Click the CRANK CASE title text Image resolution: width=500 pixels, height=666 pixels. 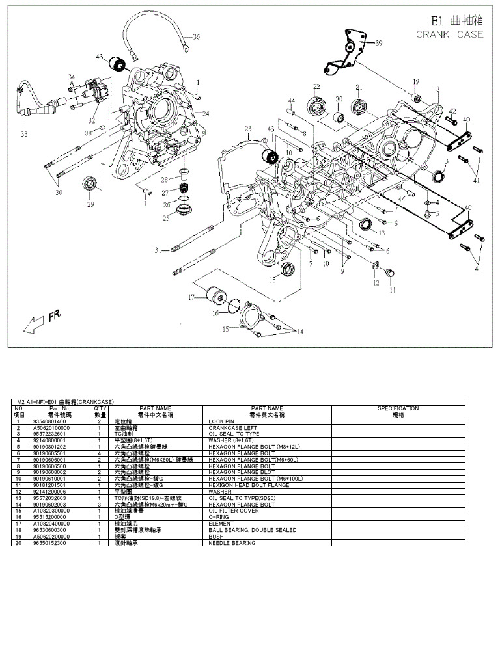coord(450,34)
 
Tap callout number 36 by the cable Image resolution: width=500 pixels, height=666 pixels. coord(196,36)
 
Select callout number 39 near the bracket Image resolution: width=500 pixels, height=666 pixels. coord(379,43)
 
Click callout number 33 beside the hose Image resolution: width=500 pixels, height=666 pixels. coord(24,135)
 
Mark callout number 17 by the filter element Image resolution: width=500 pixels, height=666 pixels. coord(191,297)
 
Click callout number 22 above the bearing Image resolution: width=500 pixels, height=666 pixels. coord(316,87)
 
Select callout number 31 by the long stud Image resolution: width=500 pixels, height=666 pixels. coord(158,250)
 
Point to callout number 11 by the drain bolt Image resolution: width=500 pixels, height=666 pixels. coord(392,291)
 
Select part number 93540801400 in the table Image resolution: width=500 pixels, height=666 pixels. coord(62,421)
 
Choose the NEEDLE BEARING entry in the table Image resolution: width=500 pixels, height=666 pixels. coord(232,542)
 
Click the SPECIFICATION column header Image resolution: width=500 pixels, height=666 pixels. coord(398,408)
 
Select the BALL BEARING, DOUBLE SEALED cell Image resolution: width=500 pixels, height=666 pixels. coord(252,530)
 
